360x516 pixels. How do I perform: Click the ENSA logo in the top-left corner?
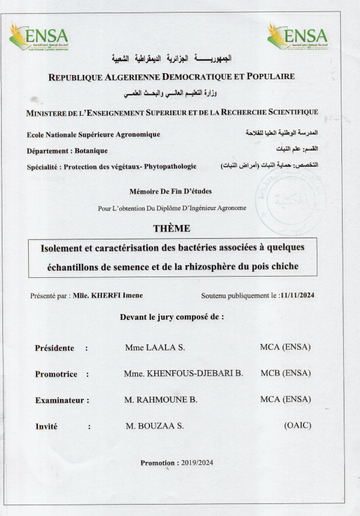[39, 37]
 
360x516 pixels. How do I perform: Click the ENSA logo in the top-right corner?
[298, 37]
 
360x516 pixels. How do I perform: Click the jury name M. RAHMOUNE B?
[161, 400]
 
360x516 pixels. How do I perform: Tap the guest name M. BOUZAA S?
[155, 426]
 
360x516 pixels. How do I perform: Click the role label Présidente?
[55, 348]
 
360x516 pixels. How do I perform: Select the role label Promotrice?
[56, 374]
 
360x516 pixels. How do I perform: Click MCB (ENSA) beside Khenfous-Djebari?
[286, 373]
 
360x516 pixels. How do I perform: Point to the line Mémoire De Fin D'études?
[170, 191]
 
